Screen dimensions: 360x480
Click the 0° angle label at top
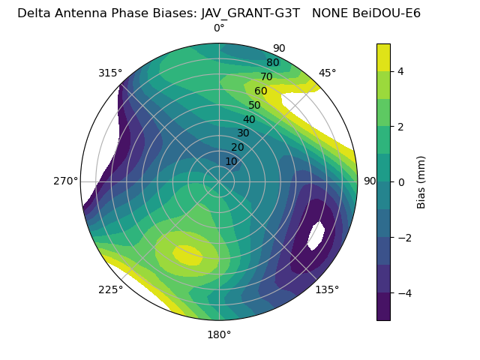[x=219, y=28]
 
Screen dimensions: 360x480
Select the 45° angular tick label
[x=327, y=73]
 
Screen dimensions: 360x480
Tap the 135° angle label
[x=327, y=289]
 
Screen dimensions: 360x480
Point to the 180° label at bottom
[x=219, y=334]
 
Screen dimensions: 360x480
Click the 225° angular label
[x=110, y=290]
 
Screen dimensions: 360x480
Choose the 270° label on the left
[x=66, y=181]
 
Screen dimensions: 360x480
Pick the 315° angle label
[x=110, y=73]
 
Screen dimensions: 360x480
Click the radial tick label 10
[x=231, y=161]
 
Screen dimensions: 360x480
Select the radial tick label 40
[x=249, y=119]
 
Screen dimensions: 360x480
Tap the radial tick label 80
[x=272, y=63]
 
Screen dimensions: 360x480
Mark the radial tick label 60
[x=260, y=91]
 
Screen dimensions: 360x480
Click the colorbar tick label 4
[x=401, y=71]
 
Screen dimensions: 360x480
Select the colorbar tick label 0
[x=401, y=181]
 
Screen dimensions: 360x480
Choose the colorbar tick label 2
[x=401, y=127]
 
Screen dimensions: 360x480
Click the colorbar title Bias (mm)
[x=421, y=181]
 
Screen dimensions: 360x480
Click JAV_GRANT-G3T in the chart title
[x=250, y=13]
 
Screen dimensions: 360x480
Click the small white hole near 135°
[x=316, y=235]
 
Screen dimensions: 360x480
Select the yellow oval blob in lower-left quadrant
[x=187, y=255]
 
